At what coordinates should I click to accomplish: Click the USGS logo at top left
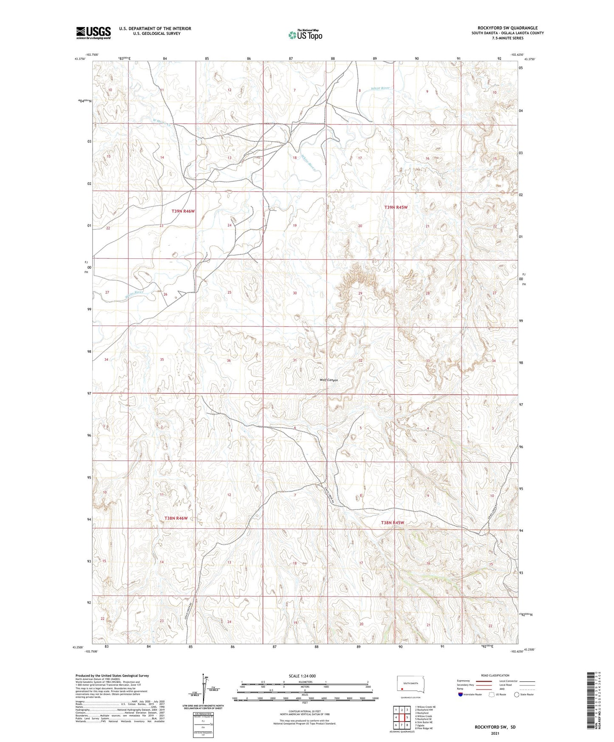tap(93, 33)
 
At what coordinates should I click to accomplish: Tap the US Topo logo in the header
tap(305, 35)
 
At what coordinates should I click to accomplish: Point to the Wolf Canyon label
tap(328, 380)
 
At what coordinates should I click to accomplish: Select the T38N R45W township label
tap(392, 523)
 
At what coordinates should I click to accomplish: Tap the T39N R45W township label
tap(396, 207)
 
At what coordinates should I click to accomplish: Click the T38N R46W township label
tap(176, 518)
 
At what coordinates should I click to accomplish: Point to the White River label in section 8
tap(380, 88)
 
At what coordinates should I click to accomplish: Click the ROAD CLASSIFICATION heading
tap(495, 676)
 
